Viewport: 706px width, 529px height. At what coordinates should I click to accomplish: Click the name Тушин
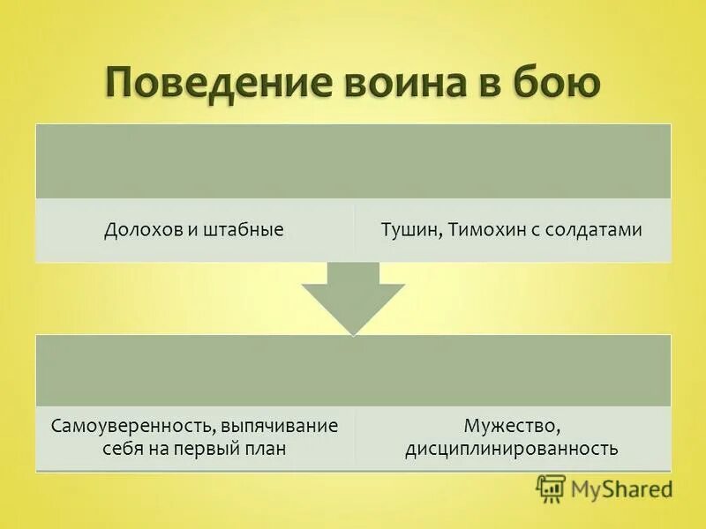click(x=409, y=229)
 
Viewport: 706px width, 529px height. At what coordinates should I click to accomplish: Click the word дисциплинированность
click(x=511, y=449)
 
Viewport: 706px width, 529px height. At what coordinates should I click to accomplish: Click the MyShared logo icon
click(x=551, y=488)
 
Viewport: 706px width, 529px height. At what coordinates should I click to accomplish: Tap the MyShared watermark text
click(x=622, y=488)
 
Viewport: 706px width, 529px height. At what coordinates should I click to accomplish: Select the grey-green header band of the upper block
click(x=353, y=161)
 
